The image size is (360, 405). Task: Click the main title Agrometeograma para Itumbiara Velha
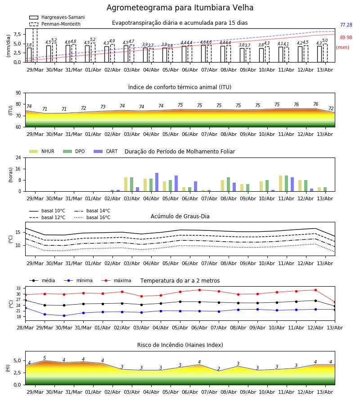click(180, 8)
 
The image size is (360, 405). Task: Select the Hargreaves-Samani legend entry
click(57, 17)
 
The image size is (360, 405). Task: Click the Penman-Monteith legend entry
click(55, 24)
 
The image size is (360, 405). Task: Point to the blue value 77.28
click(346, 25)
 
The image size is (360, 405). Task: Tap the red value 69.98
click(346, 37)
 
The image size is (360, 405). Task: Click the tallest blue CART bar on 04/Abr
click(157, 182)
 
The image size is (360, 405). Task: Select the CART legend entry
click(106, 151)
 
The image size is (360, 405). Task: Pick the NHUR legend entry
click(42, 151)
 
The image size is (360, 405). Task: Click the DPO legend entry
click(74, 151)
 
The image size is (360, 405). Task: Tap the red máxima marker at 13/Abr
click(335, 302)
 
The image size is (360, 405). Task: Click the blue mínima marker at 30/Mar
click(64, 315)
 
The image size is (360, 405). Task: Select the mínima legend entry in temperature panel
click(78, 280)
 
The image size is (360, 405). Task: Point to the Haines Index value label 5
click(45, 358)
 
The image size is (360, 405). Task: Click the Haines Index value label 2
click(219, 369)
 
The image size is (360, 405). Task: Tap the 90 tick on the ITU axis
click(18, 93)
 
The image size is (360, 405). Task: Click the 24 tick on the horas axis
click(18, 157)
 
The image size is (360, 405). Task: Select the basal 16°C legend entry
click(92, 217)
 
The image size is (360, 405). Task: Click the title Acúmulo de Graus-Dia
click(180, 216)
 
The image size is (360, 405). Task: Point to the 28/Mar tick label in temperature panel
click(25, 328)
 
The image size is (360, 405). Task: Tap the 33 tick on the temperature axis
click(18, 288)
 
